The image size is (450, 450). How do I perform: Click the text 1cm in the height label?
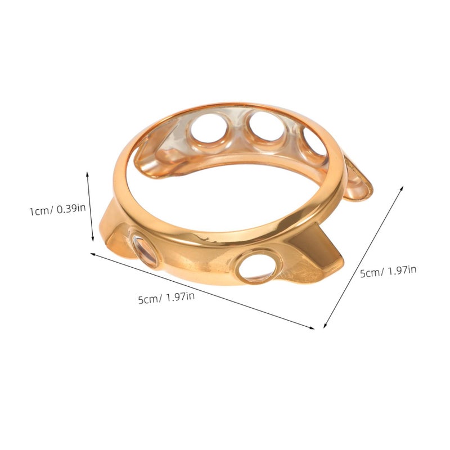tap(40, 211)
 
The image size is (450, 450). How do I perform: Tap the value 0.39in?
tap(71, 208)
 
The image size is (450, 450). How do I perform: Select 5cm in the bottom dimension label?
tap(148, 299)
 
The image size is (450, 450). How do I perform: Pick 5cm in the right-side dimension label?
tap(371, 273)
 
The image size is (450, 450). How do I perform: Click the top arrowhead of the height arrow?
tap(88, 174)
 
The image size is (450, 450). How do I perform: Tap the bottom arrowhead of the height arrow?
tap(92, 238)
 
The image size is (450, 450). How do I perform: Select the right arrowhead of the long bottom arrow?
tap(312, 327)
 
